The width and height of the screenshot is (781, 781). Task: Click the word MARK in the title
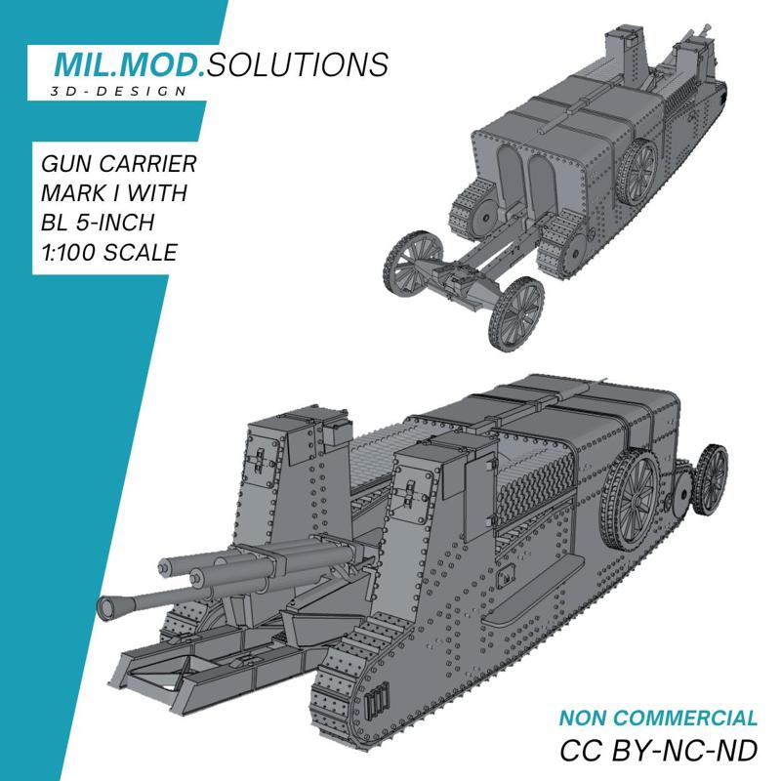(72, 191)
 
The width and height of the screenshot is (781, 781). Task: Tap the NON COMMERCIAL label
(657, 719)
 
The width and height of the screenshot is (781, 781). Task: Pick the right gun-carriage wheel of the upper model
(517, 314)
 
